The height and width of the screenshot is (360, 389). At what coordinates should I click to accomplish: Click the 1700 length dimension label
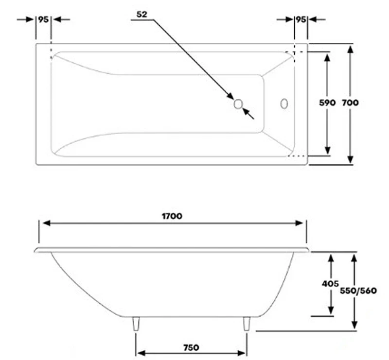[172, 216]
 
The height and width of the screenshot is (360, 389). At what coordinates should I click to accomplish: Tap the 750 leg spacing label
[191, 347]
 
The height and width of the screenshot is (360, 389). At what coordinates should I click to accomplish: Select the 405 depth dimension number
[330, 284]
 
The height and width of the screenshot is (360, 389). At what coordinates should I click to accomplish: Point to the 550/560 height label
[358, 291]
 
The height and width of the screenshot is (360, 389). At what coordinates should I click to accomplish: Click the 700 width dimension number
[350, 103]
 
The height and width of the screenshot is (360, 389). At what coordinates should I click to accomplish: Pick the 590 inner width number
[327, 103]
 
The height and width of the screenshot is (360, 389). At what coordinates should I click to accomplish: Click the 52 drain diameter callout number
[142, 15]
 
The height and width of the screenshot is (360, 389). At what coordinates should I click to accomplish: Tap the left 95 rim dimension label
[43, 19]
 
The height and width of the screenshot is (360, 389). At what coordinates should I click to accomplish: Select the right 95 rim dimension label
[301, 19]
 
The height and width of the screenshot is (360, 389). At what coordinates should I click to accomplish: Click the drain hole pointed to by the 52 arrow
[238, 104]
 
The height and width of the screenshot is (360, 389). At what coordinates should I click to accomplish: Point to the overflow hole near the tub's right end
[284, 104]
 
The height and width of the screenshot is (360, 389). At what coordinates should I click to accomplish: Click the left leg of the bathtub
[136, 324]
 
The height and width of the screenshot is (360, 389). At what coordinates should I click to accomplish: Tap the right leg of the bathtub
[247, 324]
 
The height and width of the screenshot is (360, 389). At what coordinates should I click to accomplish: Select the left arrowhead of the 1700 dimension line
[46, 223]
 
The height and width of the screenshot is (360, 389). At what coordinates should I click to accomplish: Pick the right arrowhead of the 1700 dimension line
[300, 223]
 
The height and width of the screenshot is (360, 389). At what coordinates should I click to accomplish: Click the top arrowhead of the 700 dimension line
[350, 49]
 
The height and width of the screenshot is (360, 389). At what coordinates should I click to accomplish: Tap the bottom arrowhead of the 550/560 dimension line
[354, 325]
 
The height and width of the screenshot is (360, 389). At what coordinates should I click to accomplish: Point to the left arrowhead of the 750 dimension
[141, 353]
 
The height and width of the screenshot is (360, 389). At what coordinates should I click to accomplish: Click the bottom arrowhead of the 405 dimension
[331, 310]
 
